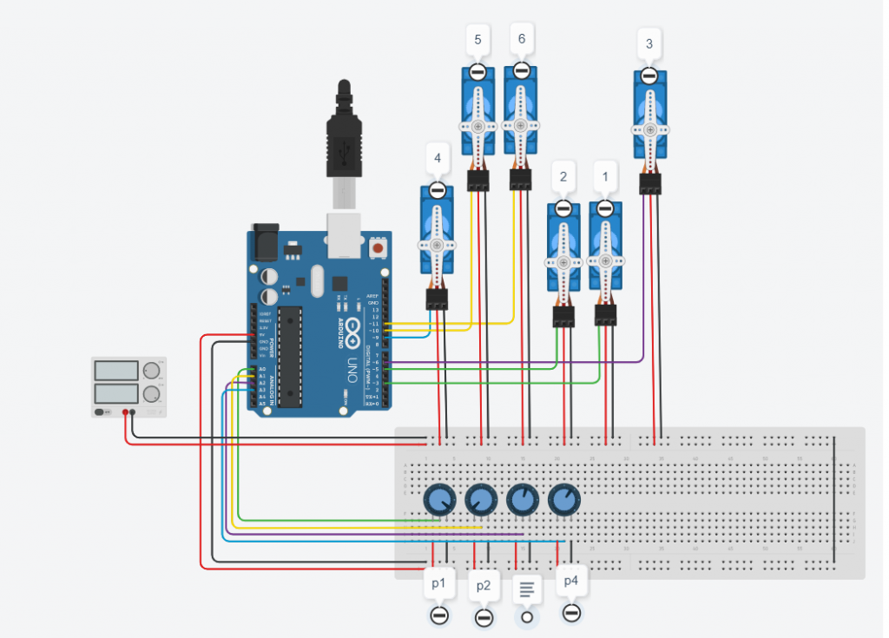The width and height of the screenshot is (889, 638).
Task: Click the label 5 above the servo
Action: [x=477, y=39]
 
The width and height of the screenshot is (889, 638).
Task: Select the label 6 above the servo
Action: [x=521, y=39]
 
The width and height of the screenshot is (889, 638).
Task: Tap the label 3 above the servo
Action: [x=649, y=43]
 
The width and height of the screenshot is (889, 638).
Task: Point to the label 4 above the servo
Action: [x=438, y=159]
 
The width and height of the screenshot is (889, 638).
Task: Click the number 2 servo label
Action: [x=563, y=177]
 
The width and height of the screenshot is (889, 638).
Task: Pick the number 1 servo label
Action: [x=605, y=177]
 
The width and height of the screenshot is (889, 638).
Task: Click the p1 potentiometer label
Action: [x=439, y=584]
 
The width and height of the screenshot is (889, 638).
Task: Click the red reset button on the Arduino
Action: [x=378, y=248]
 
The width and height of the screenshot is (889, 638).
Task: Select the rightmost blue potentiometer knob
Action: [x=564, y=499]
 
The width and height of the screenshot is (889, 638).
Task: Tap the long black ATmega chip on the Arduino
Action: [x=290, y=355]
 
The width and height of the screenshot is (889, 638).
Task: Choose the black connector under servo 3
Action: [x=650, y=184]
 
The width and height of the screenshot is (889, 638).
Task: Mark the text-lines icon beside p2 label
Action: [x=526, y=589]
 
